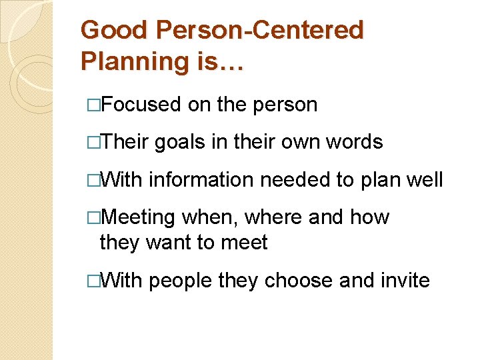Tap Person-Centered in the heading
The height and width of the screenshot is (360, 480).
259,30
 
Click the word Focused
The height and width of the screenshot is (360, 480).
142,105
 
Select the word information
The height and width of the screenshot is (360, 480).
201,179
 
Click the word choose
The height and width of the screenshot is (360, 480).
299,281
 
